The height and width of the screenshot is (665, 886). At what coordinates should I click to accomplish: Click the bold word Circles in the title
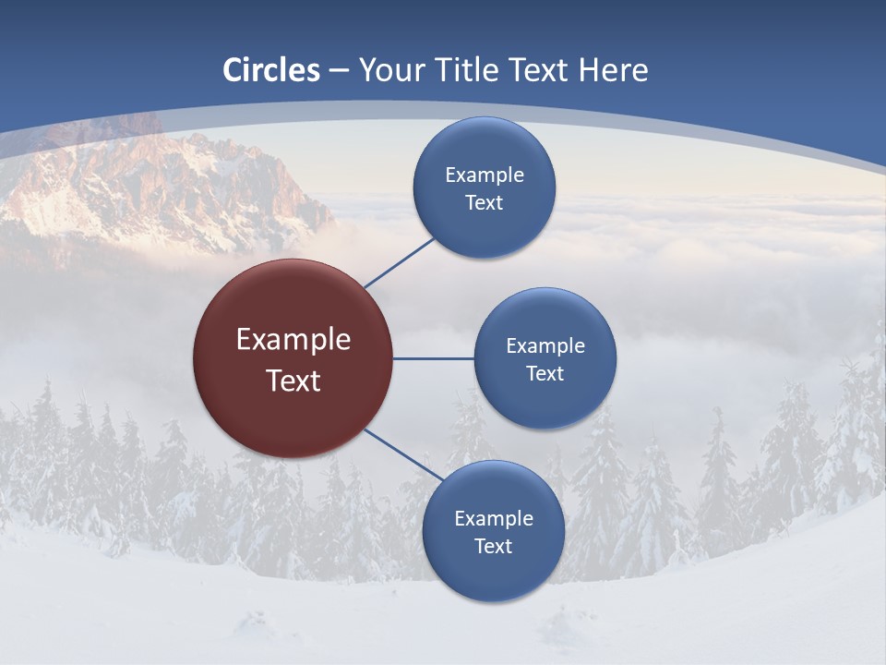point(271,70)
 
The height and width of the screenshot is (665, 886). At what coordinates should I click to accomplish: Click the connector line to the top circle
point(399,262)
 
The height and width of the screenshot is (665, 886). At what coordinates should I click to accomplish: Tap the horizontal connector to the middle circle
point(433,358)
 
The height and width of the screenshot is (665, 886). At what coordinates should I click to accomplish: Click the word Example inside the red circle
point(293,340)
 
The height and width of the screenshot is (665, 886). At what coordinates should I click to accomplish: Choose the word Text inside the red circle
point(293,381)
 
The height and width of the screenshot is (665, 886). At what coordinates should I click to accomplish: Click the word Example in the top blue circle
point(485,175)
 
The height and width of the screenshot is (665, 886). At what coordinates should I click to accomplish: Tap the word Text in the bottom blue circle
point(493,547)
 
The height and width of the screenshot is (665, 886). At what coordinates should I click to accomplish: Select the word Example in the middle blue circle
point(545,346)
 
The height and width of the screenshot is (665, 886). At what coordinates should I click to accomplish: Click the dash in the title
point(339,71)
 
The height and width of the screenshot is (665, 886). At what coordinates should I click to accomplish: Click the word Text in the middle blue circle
point(545,374)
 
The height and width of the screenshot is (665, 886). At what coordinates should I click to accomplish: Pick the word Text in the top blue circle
point(484,203)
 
